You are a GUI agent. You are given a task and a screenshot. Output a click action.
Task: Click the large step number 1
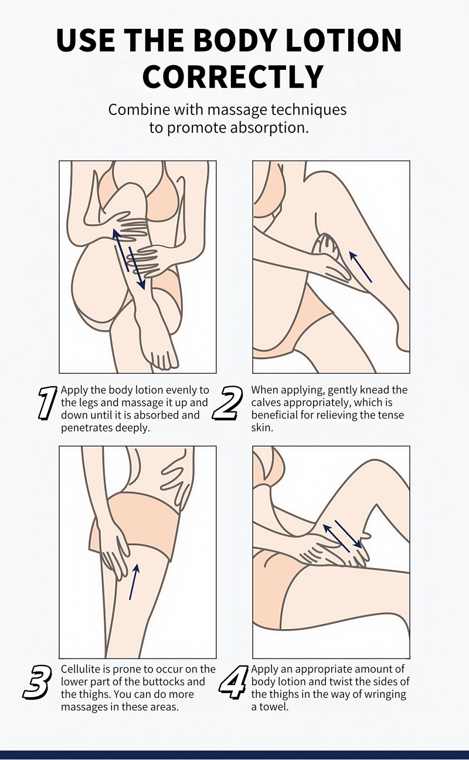pyautogui.click(x=47, y=403)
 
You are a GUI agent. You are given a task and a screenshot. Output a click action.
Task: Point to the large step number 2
pyautogui.click(x=227, y=403)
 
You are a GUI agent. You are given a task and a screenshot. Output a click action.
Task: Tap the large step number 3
pyautogui.click(x=38, y=682)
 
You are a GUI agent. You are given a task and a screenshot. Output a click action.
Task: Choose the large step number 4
pyautogui.click(x=233, y=682)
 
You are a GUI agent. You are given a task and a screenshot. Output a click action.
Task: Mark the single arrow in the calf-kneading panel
pyautogui.click(x=361, y=266)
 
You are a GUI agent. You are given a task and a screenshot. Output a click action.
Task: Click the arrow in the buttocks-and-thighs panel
pyautogui.click(x=134, y=582)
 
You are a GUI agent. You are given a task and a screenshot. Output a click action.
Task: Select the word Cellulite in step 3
pyautogui.click(x=81, y=668)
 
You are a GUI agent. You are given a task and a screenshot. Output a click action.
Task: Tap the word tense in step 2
pyautogui.click(x=390, y=416)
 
